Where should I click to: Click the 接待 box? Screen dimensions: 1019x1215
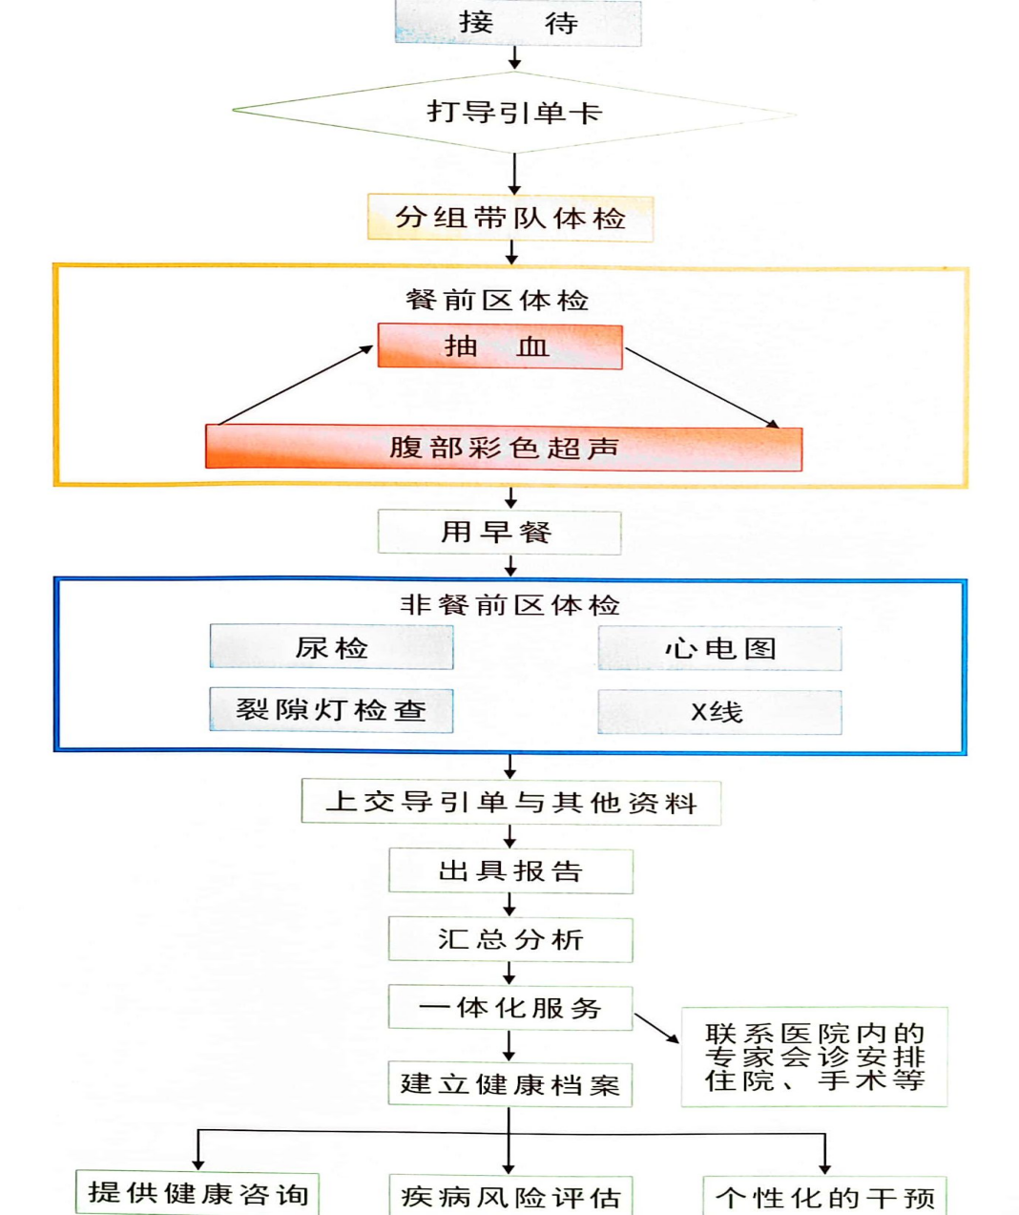coord(518,23)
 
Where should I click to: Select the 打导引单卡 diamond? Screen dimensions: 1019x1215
coord(514,113)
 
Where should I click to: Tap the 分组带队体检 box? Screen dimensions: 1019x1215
coord(510,219)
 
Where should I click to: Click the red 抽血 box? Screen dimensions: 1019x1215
coord(500,346)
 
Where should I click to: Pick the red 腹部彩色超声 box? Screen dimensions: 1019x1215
coord(504,448)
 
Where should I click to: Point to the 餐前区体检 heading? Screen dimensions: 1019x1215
coord(497,301)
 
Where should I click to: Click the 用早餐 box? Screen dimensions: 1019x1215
coord(500,532)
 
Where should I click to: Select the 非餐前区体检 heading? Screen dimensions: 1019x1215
coord(510,605)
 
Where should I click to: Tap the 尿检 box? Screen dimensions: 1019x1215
coord(331,647)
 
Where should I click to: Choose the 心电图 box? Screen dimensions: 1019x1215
coord(720,648)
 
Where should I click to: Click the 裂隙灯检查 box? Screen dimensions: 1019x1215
coord(331,710)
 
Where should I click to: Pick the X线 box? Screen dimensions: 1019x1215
coord(719,712)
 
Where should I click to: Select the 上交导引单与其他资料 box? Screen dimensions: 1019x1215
coord(511,803)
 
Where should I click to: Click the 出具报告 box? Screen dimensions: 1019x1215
coord(510,871)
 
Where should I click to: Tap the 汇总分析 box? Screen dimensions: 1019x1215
coord(510,940)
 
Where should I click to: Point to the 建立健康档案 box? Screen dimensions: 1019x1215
coord(510,1084)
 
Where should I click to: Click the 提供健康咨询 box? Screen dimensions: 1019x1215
coord(198,1193)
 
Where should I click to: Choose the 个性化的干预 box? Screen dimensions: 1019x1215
coord(824,1196)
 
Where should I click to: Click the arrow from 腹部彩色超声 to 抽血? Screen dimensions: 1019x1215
coord(295,386)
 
